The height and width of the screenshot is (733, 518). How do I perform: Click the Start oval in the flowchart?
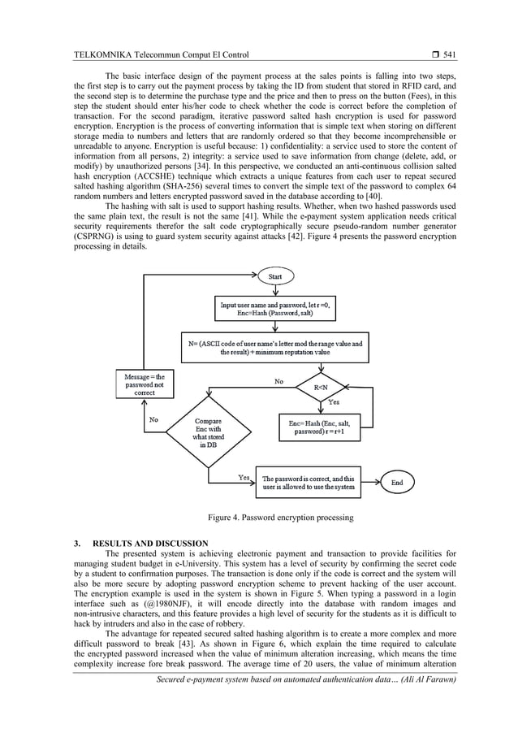(x=276, y=277)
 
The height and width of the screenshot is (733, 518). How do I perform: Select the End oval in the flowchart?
(x=397, y=482)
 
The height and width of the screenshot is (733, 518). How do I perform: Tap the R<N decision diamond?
(x=321, y=389)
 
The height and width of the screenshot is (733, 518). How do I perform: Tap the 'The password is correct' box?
(x=308, y=483)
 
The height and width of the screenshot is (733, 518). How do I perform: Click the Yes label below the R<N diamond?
(x=333, y=402)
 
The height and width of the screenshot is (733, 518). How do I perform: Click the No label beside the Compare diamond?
(x=153, y=420)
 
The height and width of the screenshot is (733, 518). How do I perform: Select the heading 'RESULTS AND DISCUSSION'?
(x=150, y=543)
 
